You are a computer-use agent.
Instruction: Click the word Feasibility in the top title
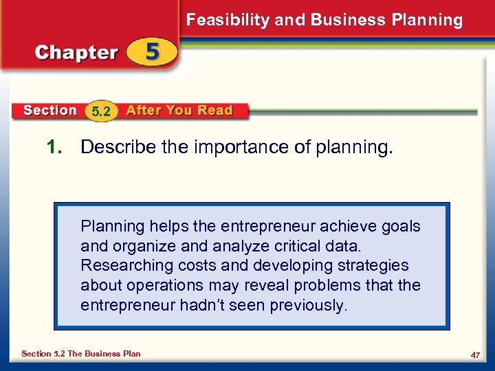click(x=228, y=20)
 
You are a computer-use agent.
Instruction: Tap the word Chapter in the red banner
click(x=76, y=53)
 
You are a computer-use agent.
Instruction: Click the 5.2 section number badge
click(x=101, y=111)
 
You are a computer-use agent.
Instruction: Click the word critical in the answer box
click(x=298, y=246)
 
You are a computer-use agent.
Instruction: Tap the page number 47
click(x=474, y=354)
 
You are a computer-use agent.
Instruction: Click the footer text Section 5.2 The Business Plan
click(x=81, y=354)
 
